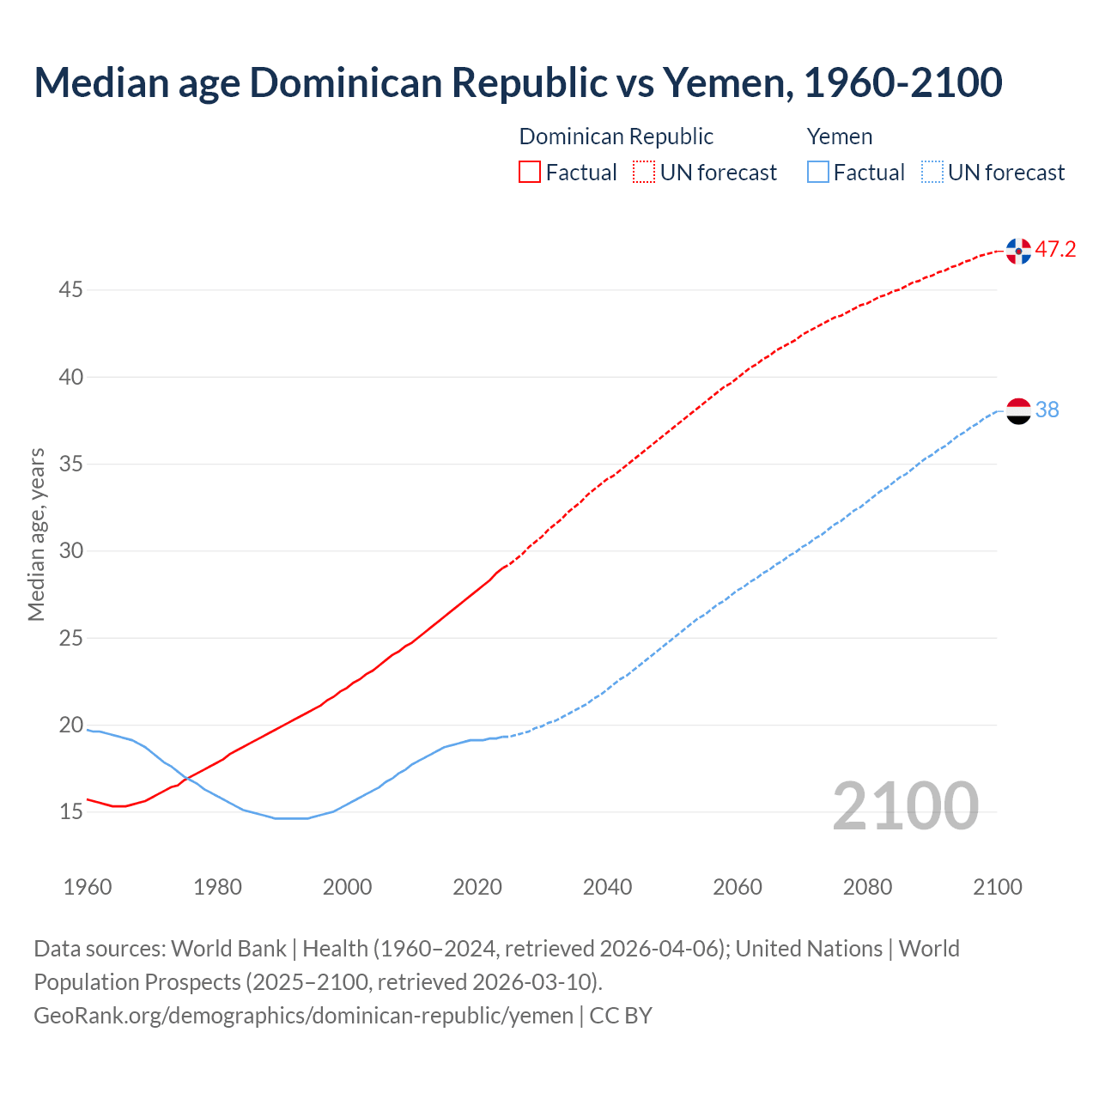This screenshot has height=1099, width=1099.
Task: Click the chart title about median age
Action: tap(518, 82)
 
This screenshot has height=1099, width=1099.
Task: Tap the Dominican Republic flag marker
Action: tap(1018, 251)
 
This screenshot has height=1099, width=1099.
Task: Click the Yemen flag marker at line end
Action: tap(1018, 410)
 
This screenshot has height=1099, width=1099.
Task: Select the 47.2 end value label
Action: tap(1055, 250)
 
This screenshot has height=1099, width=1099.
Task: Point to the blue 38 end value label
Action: tap(1047, 410)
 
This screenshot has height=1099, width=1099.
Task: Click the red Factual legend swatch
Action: tap(530, 173)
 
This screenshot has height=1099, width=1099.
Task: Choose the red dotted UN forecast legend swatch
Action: tap(644, 173)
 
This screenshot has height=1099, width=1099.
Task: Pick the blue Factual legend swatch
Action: tap(818, 173)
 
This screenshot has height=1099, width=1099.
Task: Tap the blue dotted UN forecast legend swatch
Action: tap(932, 173)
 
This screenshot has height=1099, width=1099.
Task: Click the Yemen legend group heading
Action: tap(840, 137)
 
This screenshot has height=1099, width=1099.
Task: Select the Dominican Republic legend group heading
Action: tap(616, 137)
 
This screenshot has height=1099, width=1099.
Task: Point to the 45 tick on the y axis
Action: tap(70, 290)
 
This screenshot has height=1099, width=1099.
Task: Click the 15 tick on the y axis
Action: tap(70, 812)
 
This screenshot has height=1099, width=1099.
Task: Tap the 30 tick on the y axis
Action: tap(70, 551)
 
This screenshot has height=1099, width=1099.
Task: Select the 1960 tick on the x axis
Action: tap(88, 887)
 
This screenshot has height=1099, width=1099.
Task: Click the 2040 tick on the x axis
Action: tap(607, 887)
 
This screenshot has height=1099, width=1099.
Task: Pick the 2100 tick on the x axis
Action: tap(998, 887)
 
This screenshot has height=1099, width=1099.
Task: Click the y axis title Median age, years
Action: tap(36, 534)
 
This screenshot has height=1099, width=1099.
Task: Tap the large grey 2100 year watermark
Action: tap(905, 806)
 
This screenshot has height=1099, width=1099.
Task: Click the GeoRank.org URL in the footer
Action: tap(303, 1016)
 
